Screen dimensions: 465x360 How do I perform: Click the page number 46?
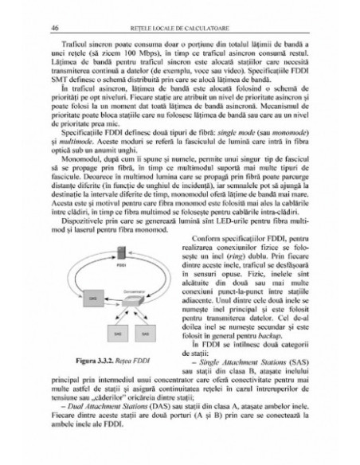coord(53,28)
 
